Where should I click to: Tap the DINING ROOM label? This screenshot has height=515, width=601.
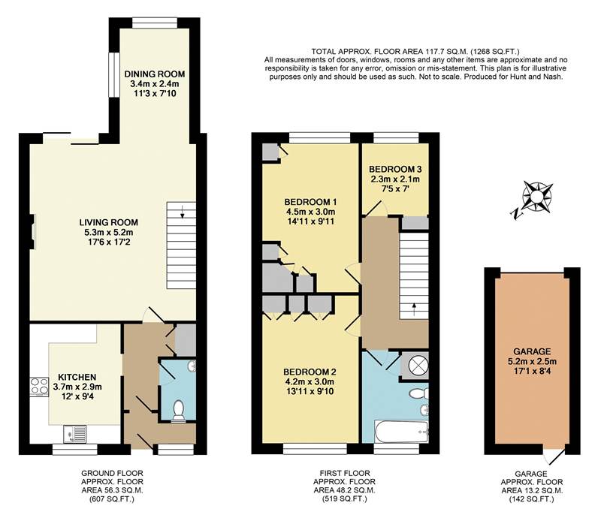pos(155,74)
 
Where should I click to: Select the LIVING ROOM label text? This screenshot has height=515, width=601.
pos(110,222)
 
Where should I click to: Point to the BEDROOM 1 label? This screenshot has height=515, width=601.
pos(310,202)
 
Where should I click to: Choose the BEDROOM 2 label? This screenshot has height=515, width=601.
pos(310,372)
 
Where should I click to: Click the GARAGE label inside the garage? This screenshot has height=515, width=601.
pos(532,351)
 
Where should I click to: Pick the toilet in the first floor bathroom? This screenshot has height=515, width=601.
pos(417,393)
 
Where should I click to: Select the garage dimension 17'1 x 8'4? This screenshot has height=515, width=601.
pos(532,372)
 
